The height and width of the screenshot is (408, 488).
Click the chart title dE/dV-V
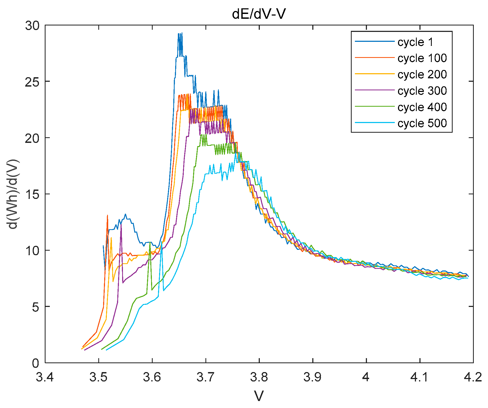259,14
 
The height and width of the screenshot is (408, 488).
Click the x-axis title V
259,396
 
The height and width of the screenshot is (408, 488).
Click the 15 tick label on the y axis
32,194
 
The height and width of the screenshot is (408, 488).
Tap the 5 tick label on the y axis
36,307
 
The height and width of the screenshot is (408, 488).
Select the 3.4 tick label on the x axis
45,377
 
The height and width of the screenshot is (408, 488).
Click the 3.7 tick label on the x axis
205,377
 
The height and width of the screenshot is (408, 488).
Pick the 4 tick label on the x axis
366,377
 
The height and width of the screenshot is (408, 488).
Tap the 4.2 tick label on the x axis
473,377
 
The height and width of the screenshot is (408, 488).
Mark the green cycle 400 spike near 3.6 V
150,242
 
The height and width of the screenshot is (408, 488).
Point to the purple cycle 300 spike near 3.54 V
121,224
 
